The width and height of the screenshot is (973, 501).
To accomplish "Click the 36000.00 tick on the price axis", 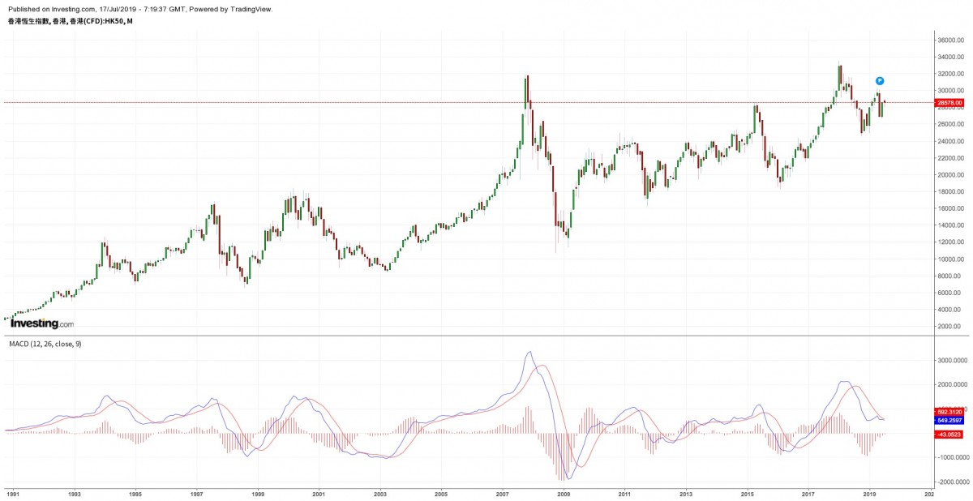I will tap(949, 40).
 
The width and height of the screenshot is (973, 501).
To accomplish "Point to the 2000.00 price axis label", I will tap(949, 326).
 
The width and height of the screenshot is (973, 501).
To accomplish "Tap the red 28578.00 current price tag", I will tap(949, 103).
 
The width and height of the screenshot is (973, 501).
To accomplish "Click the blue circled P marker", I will tap(879, 81).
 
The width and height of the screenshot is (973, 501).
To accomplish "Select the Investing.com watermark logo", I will tap(41, 323).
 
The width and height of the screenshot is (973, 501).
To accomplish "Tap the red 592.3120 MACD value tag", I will tap(948, 411).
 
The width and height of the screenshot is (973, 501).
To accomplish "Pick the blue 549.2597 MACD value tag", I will tap(948, 421).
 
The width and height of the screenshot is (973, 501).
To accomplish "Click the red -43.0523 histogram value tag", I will tap(948, 434).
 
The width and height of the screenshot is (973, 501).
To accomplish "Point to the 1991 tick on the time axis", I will tap(13, 493).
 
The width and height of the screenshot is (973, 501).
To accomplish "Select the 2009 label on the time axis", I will tap(564, 493).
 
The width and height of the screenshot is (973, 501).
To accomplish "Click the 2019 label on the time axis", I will tap(869, 493).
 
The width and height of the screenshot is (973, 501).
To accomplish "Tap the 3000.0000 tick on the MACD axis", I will tap(951, 360).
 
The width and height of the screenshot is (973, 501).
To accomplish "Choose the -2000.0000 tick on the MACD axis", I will tap(949, 481).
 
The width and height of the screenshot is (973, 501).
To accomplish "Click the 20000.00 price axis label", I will tap(949, 174).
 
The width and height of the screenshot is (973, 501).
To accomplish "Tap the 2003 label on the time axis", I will tap(379, 493).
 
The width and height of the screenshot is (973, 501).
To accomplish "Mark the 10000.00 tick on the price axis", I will tap(949, 259).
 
